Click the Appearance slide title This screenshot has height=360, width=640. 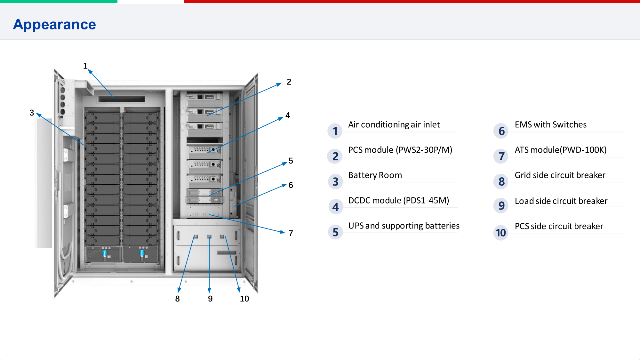click(54, 25)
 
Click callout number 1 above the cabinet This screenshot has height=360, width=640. click(85, 66)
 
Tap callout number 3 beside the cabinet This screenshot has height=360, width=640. click(32, 113)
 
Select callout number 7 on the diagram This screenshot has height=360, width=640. click(291, 233)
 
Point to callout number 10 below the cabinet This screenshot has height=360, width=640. click(244, 299)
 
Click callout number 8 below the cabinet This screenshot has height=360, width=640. click(177, 299)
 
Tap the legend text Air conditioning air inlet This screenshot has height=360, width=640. click(394, 124)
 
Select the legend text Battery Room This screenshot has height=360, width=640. click(375, 175)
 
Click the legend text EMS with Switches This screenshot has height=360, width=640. click(550, 124)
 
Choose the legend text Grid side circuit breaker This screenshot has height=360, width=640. click(560, 175)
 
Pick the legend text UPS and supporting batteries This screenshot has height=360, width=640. click(404, 226)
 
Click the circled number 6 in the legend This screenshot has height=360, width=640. click(501, 131)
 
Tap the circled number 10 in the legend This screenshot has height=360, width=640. click(501, 233)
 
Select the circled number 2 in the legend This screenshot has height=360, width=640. click(335, 156)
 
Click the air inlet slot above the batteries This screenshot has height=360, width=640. click(121, 99)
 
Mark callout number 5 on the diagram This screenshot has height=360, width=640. click(291, 161)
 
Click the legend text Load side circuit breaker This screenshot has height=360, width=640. click(561, 201)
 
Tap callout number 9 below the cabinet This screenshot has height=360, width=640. click(210, 299)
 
